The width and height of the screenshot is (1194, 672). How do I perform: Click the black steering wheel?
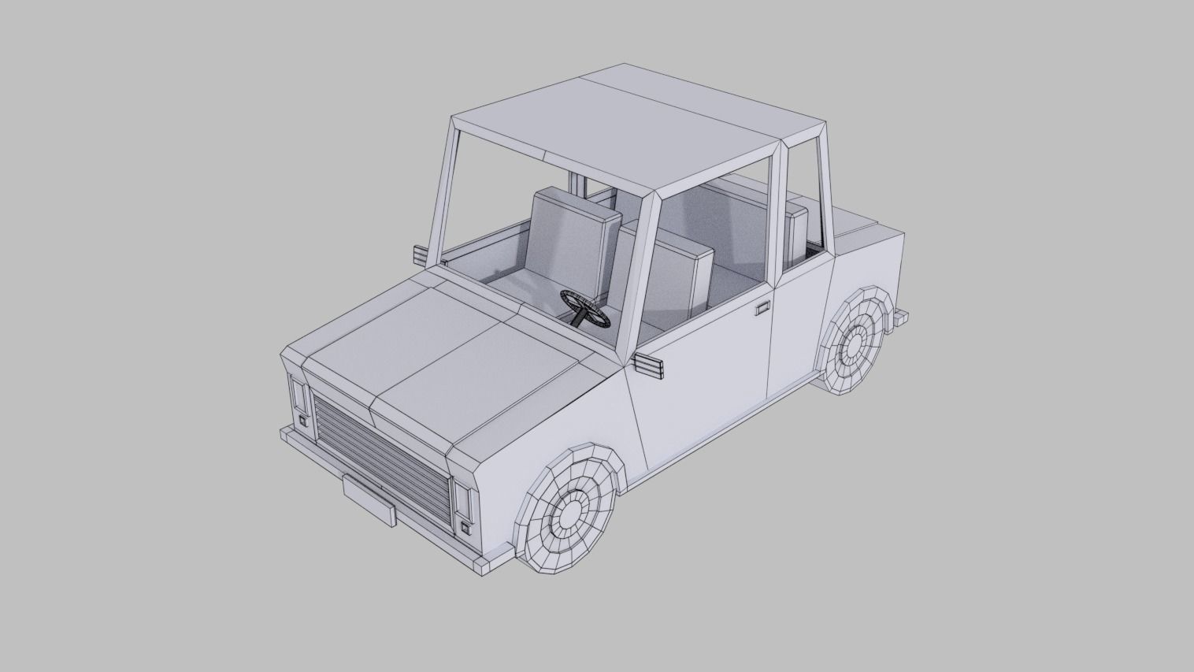(x=584, y=308)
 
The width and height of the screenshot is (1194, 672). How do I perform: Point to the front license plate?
(x=368, y=500)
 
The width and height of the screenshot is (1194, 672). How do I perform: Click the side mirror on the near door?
(x=647, y=366)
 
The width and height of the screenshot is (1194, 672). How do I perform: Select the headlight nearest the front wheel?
(x=462, y=499)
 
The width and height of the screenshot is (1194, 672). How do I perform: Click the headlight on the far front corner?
(x=299, y=394)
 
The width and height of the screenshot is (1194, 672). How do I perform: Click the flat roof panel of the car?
(x=638, y=130)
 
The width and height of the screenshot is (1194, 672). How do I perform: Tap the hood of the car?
(x=441, y=355)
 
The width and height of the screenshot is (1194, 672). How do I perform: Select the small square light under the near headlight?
(x=467, y=528)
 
